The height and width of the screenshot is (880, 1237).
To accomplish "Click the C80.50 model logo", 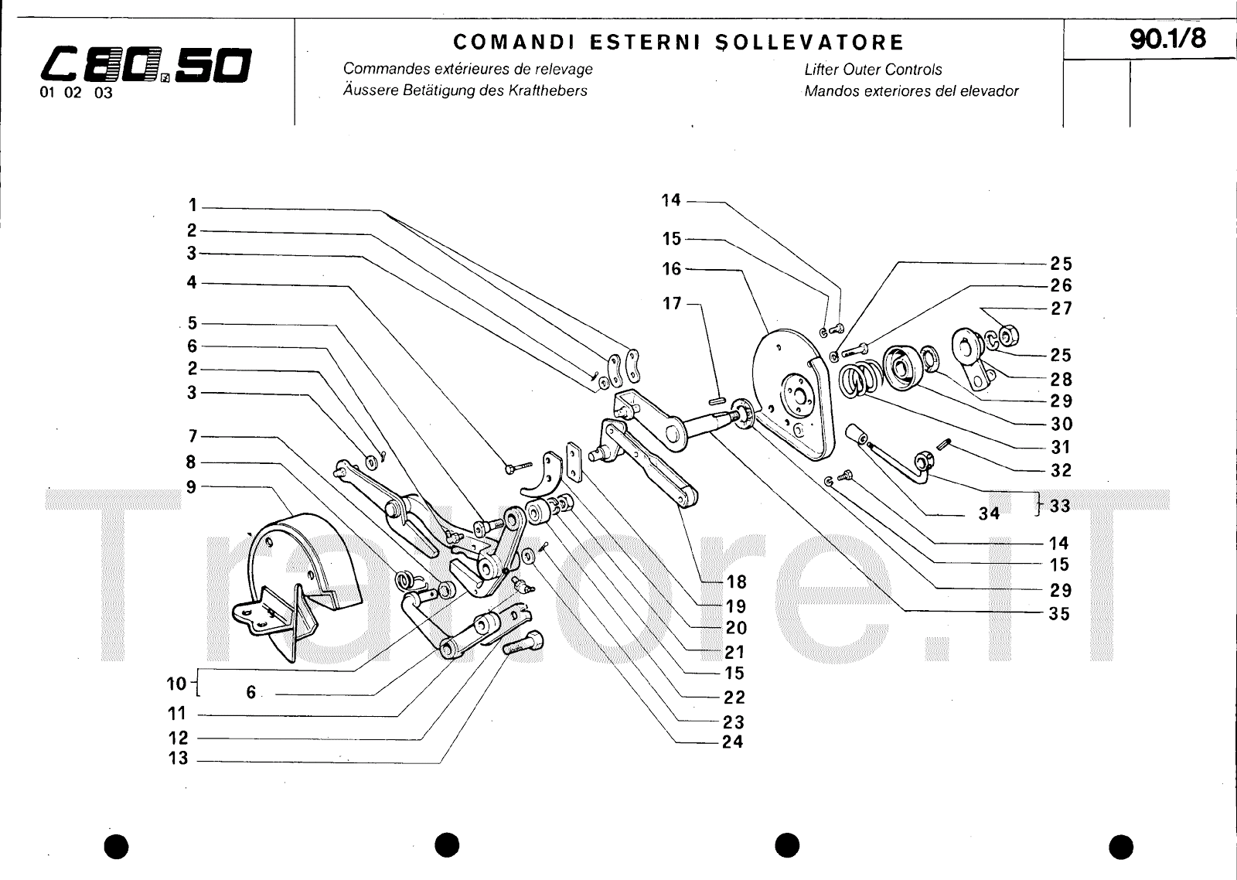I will pos(145,67).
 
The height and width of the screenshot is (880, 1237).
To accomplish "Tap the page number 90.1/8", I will pos(1167,39).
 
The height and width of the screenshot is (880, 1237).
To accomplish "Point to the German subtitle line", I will pos(465,90).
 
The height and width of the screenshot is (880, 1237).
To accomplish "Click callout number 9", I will pos(191,486).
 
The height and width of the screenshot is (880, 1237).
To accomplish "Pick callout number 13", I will pos(178,759).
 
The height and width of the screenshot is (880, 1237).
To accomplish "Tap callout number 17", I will pos(672,303).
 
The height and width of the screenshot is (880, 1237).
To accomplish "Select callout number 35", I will pos(1060,614).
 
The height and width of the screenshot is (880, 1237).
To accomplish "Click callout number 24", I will pos(732,742).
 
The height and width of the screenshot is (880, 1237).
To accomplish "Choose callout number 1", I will pos(192,206).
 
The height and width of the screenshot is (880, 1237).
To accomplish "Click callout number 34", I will pos(990,513).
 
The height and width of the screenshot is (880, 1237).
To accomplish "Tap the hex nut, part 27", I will pos(1007,335).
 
